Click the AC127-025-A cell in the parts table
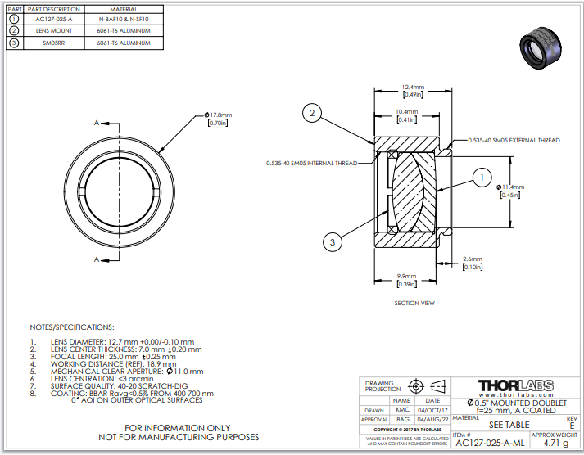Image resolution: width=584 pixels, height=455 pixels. (x=52, y=18)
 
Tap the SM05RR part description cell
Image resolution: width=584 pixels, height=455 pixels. (x=52, y=42)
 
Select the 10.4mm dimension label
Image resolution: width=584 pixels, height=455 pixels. (x=406, y=111)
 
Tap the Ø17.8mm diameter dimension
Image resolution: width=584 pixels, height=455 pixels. (x=219, y=115)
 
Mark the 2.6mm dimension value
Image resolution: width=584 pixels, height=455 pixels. (x=473, y=259)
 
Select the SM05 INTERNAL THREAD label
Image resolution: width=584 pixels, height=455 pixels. (x=311, y=163)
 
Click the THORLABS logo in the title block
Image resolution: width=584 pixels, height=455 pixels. (x=515, y=385)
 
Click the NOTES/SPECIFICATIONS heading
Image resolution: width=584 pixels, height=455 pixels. (x=71, y=326)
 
